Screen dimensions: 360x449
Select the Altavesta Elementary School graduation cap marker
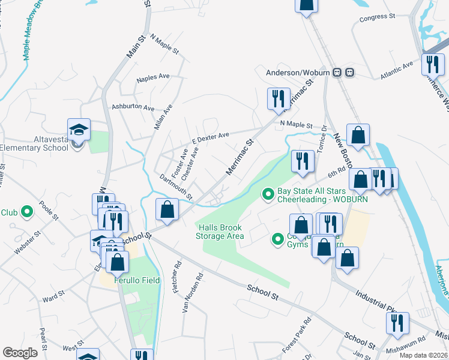[x=79, y=130]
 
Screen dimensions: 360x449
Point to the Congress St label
[x=376, y=18]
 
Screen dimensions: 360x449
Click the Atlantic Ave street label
[x=397, y=71]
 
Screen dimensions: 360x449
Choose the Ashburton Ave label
[x=133, y=108]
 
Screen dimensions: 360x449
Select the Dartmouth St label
[x=176, y=186]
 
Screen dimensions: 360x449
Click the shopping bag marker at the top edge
[x=306, y=5]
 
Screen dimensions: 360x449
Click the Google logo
[x=20, y=353]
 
